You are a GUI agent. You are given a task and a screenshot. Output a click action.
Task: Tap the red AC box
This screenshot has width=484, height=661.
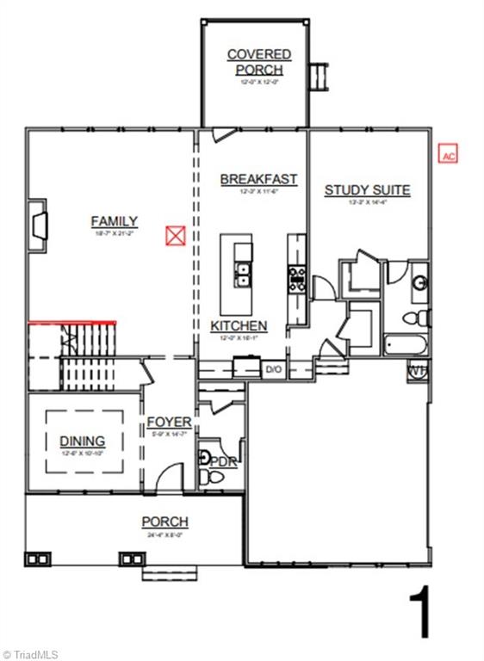point(448,155)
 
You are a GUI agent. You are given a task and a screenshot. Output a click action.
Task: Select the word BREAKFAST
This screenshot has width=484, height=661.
point(258,179)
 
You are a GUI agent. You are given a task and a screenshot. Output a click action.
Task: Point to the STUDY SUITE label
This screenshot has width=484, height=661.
point(367,190)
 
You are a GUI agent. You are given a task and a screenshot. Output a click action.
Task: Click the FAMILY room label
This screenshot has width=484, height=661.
point(115,221)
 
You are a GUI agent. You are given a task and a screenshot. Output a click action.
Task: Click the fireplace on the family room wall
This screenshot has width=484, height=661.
point(38,225)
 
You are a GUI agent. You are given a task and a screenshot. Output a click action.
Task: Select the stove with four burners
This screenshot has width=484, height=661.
point(297,279)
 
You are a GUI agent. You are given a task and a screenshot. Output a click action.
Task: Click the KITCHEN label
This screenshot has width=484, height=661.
point(239,326)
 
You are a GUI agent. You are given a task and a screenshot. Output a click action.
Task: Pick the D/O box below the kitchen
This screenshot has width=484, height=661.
point(274,369)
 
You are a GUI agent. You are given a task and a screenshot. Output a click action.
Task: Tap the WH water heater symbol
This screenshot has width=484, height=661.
point(417,371)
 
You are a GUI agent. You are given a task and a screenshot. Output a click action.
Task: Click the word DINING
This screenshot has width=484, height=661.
point(83,441)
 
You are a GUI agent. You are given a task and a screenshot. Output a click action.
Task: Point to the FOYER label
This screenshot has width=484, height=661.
point(169,422)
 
